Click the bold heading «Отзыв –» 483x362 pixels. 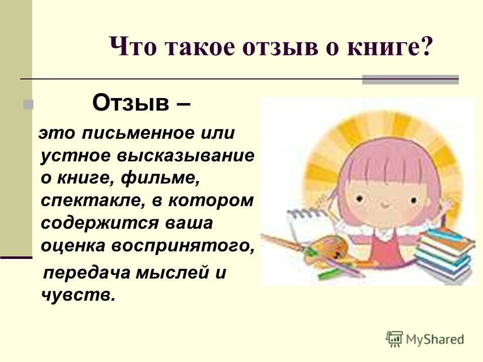(141, 104)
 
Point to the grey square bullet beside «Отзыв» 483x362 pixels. (28, 105)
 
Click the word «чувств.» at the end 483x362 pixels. (77, 296)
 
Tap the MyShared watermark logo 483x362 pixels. (425, 339)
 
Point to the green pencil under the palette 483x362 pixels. (330, 273)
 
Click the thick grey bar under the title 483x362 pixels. (411, 79)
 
